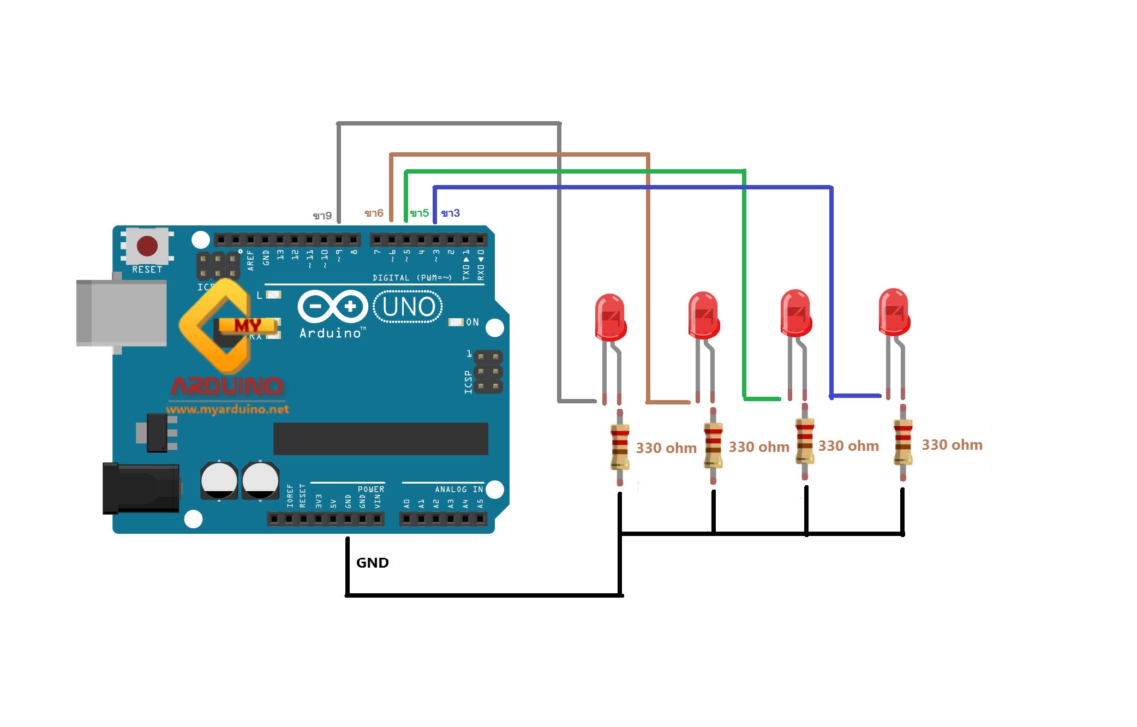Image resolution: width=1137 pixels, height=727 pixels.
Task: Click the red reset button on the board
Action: point(147,246)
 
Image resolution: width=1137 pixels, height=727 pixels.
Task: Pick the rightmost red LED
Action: point(894,312)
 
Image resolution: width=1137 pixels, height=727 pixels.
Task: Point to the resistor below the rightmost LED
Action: point(903,442)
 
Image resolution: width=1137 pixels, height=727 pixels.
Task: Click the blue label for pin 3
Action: point(450,213)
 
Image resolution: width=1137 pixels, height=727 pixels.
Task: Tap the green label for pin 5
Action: point(419,213)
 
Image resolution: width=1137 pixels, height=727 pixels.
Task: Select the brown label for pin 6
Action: point(374,213)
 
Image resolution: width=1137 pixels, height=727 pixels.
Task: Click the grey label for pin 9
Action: point(322,216)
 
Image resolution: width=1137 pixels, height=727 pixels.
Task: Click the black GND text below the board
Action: point(372,563)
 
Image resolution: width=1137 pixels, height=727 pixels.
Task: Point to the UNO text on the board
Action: point(409,307)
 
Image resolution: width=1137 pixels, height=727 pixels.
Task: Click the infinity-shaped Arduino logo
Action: point(332,306)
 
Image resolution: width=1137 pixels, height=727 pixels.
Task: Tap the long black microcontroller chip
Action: point(380,438)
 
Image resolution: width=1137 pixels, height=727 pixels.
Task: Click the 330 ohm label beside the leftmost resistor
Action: point(666,448)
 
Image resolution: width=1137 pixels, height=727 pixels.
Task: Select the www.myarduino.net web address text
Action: point(228,409)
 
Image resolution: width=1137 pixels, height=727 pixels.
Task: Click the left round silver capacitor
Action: point(219,480)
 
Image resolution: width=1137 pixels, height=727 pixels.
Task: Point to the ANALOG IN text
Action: point(458,489)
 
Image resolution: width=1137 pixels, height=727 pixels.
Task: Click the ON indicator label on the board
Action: point(472,322)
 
